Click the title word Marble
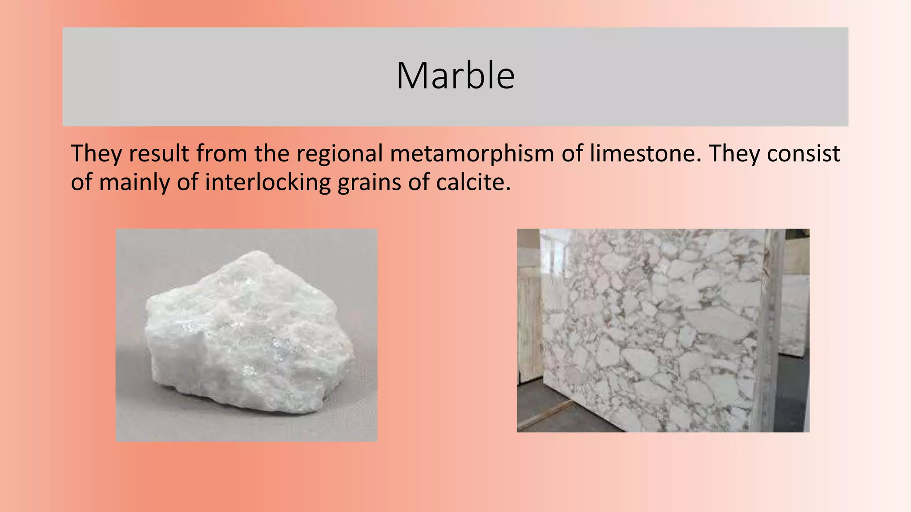(455, 76)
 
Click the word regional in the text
(339, 154)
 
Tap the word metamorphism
(472, 153)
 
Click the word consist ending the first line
(803, 153)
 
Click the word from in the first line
(222, 153)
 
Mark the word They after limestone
(734, 153)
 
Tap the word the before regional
(271, 153)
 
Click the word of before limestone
(572, 153)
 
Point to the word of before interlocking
(187, 183)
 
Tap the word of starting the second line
(81, 183)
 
